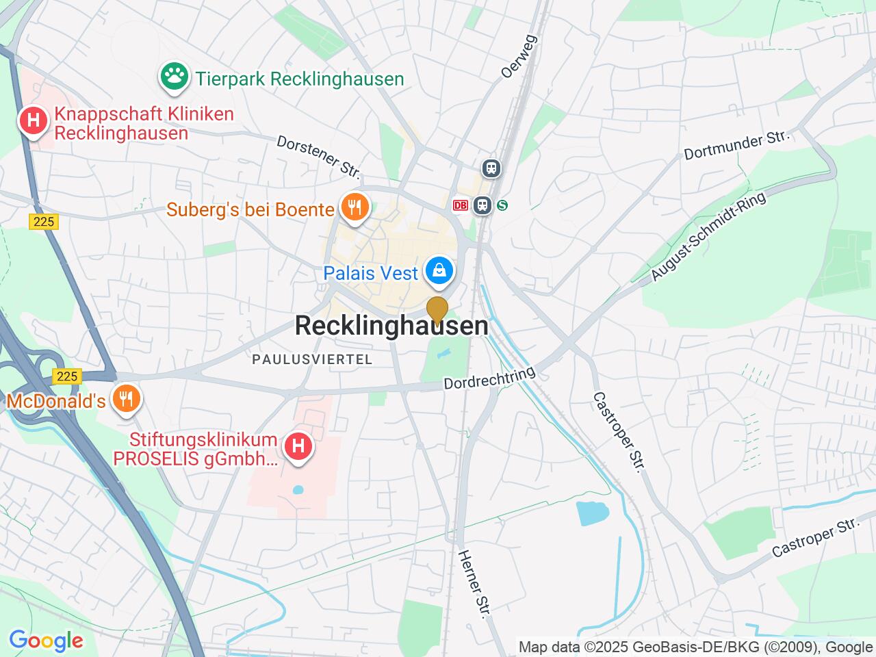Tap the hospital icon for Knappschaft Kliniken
(33, 121)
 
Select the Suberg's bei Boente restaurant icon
(354, 207)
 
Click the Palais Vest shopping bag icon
(438, 271)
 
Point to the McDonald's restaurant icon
(125, 399)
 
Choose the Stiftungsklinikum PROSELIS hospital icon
(298, 448)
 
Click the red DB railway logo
(460, 205)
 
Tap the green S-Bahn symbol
(502, 205)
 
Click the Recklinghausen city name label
(391, 326)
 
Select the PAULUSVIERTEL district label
(312, 359)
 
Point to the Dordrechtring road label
(489, 378)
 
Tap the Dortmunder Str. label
(736, 146)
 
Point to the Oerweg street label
(519, 56)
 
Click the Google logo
(46, 641)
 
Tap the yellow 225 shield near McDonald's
(67, 376)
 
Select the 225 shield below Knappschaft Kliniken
(44, 221)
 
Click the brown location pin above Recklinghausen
(437, 311)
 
